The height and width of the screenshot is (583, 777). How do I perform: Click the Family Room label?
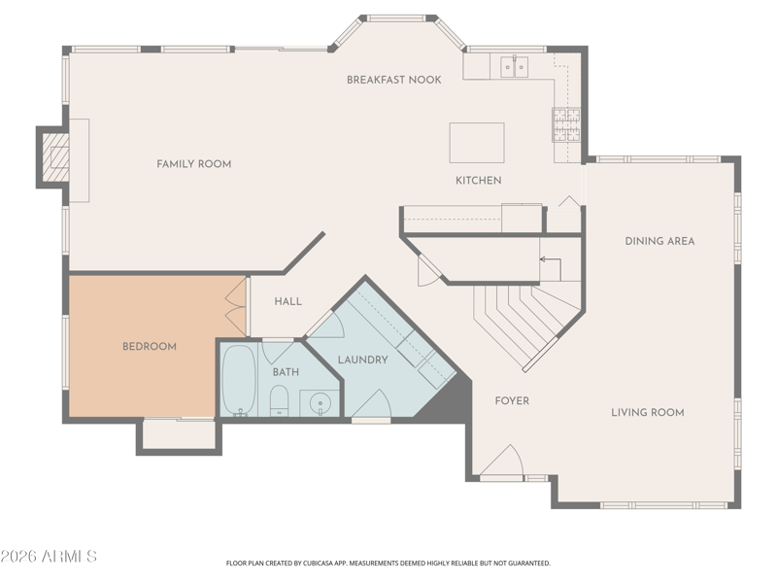193,164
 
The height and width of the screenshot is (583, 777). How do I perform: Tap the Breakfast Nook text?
394,80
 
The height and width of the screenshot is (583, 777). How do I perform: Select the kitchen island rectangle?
477,143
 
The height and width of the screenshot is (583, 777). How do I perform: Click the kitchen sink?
515,66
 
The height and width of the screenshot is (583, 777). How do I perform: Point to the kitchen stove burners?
566,124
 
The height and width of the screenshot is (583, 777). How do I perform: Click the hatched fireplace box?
55,157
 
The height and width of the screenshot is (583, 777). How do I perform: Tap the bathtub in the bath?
239,379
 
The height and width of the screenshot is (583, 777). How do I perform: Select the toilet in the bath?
279,400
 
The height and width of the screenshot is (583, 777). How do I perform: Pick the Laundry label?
362,360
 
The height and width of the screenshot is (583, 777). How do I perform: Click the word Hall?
287,301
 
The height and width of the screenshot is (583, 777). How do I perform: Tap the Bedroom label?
150,347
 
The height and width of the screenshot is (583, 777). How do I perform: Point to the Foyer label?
512,400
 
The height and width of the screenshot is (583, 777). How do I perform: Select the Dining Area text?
659,241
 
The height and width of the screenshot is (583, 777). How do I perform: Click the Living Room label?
648,412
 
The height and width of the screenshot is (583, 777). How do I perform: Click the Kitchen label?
478,181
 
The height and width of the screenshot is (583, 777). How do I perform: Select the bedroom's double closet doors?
236,307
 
